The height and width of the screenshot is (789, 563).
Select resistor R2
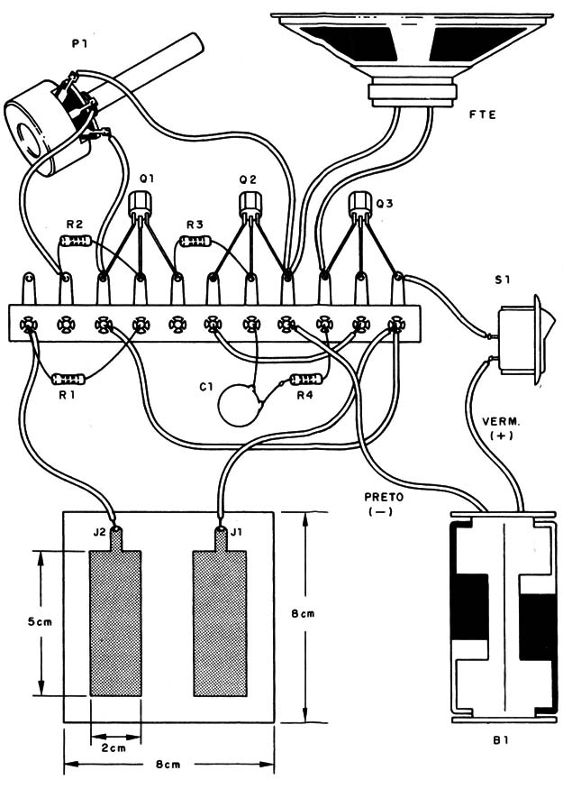[x=76, y=242]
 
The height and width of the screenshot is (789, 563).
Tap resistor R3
[x=196, y=242]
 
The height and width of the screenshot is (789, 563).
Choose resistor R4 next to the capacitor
[x=305, y=381]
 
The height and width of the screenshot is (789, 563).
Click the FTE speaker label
[x=484, y=115]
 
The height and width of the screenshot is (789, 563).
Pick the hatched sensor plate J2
[x=115, y=622]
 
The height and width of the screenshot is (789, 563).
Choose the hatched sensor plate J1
[x=220, y=622]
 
